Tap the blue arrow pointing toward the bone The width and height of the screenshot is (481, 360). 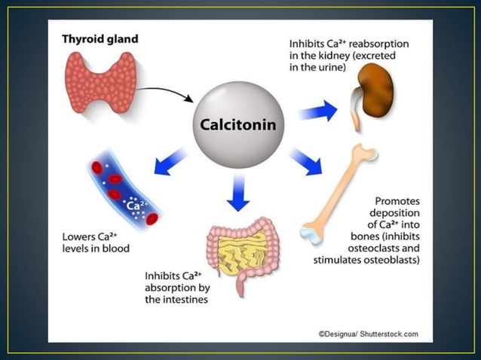(x=305, y=160)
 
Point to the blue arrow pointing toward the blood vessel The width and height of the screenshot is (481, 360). (x=171, y=159)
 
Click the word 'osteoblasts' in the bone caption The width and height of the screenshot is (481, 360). (x=391, y=261)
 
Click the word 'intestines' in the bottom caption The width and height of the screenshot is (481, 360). (x=179, y=300)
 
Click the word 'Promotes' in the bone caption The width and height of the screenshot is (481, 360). (x=397, y=202)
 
